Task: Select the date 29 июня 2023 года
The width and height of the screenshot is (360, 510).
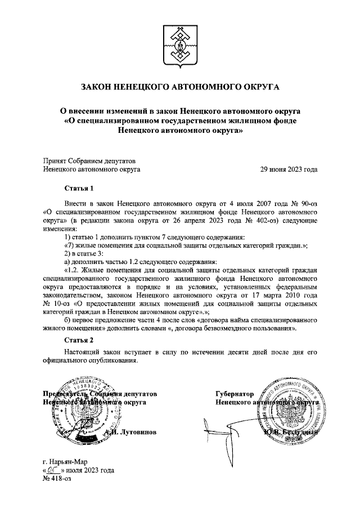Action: point(288,168)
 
